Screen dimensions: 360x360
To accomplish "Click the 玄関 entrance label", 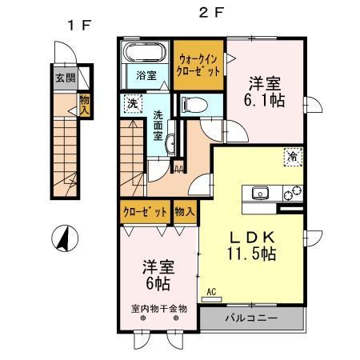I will click(64, 78).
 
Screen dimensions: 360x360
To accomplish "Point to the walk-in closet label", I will click(198, 64).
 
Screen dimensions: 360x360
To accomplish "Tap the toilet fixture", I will click(191, 104).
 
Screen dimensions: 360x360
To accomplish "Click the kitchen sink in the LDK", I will click(260, 192).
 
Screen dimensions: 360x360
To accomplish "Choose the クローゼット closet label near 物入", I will click(145, 212).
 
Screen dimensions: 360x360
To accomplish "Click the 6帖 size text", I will click(157, 283).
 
